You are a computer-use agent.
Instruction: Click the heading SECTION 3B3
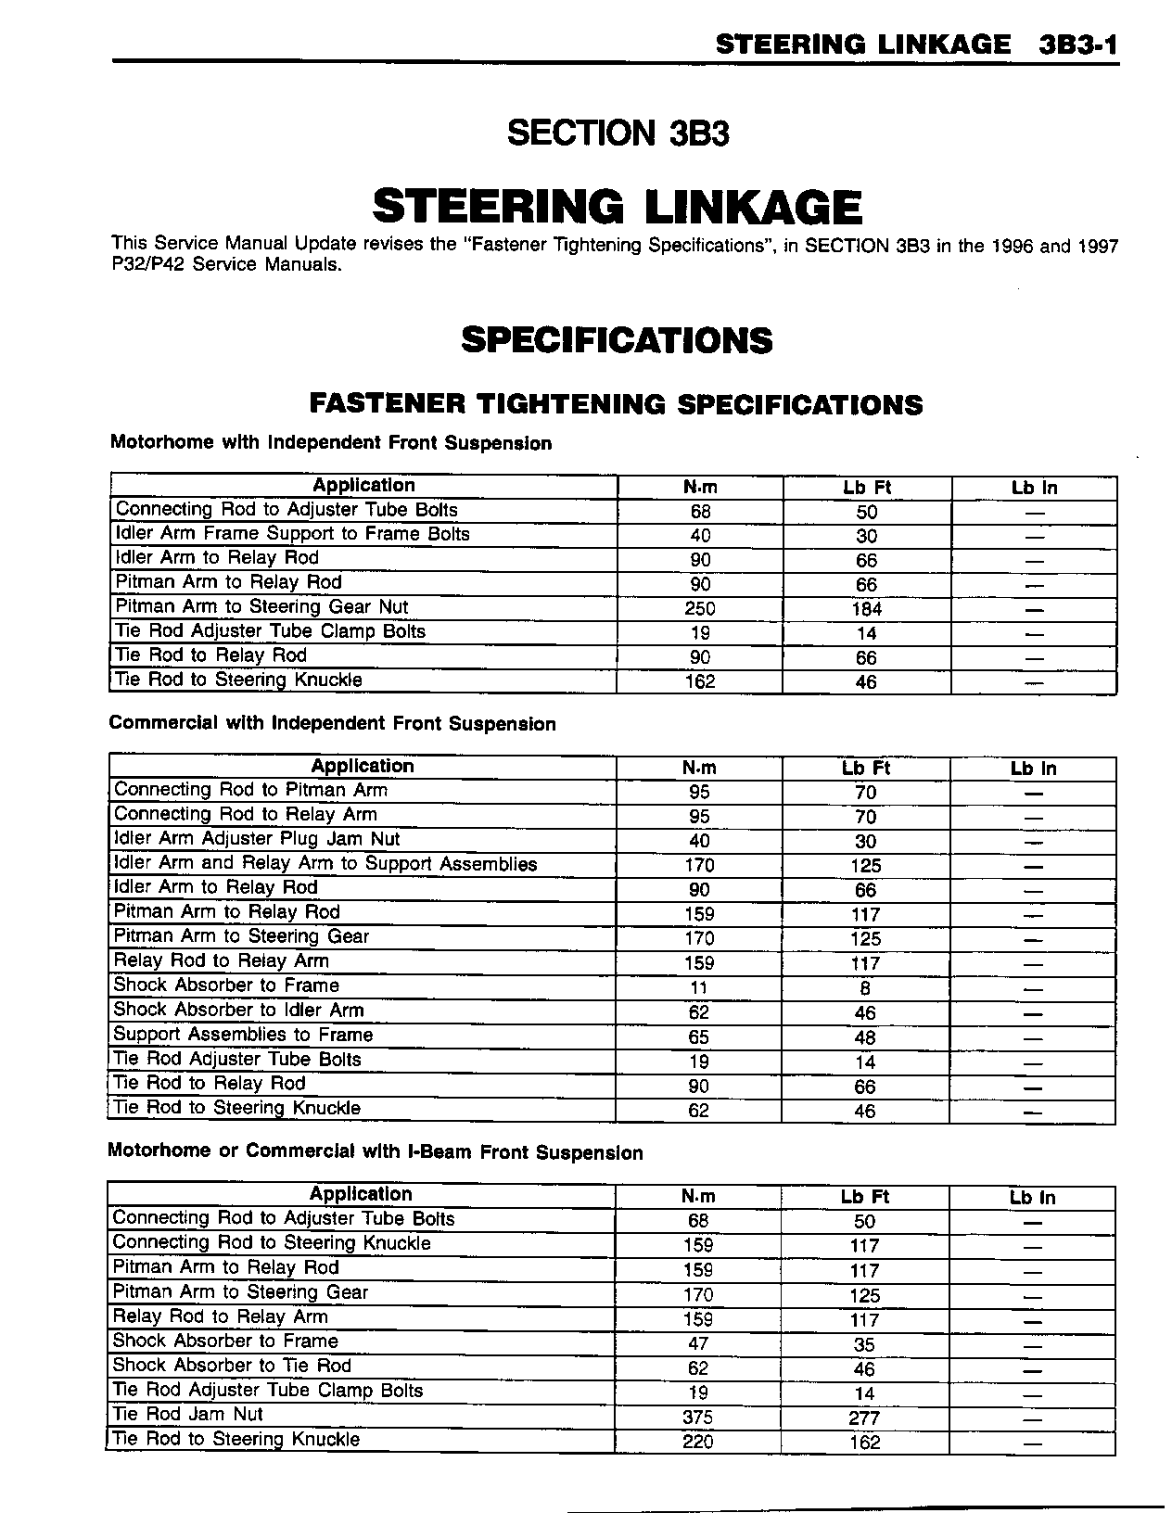click(618, 133)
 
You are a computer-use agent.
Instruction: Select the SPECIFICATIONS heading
click(617, 340)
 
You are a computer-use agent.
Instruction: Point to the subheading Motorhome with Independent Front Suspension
click(331, 443)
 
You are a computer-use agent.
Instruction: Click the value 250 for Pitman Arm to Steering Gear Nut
click(700, 609)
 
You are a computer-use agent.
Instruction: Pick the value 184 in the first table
click(866, 609)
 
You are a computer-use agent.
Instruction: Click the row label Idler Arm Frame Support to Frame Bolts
click(292, 534)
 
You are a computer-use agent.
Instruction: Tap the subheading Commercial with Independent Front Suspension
click(332, 724)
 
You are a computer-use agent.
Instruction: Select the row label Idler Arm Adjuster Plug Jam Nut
click(257, 839)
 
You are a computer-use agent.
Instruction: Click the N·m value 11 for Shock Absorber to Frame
click(699, 988)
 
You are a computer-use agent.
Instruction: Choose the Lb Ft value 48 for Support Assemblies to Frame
click(865, 1037)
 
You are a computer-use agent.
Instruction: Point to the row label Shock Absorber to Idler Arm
click(238, 1011)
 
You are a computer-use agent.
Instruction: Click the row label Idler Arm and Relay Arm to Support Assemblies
click(325, 864)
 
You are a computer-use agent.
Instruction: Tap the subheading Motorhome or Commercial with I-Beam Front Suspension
click(376, 1152)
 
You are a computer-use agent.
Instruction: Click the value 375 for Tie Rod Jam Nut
click(698, 1418)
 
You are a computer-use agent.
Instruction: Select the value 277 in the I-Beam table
click(864, 1418)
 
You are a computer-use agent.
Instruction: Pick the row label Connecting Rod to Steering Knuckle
click(272, 1243)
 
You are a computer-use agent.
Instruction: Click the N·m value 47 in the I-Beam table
click(698, 1343)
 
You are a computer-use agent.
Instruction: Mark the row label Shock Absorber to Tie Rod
click(232, 1366)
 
